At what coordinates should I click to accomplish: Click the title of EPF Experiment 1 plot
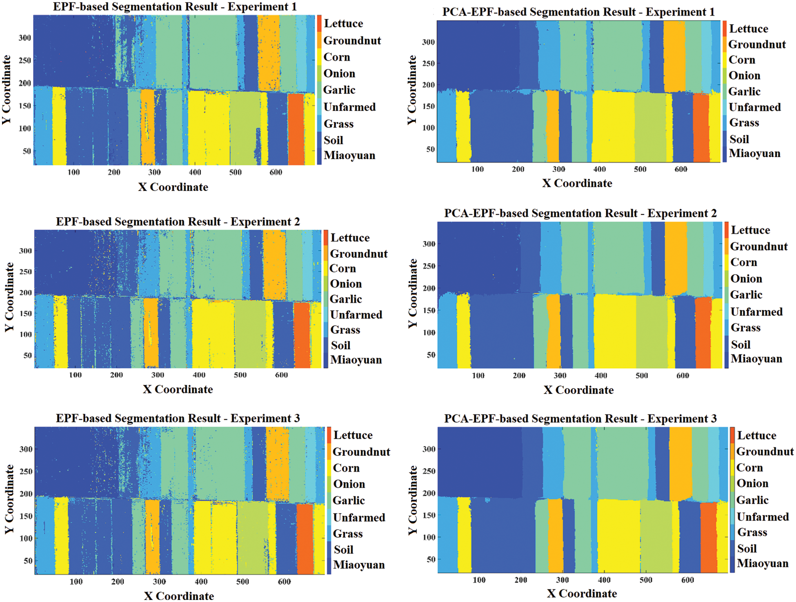pyautogui.click(x=174, y=7)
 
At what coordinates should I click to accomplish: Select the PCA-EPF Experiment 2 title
pyautogui.click(x=580, y=213)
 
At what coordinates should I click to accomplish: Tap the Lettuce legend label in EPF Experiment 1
pyautogui.click(x=343, y=24)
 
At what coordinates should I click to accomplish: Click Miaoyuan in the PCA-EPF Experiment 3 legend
pyautogui.click(x=762, y=564)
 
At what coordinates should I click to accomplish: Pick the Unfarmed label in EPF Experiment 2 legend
pyautogui.click(x=356, y=315)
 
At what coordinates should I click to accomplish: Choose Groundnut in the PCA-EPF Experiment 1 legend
pyautogui.click(x=757, y=44)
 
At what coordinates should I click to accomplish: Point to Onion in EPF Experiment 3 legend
pyautogui.click(x=349, y=484)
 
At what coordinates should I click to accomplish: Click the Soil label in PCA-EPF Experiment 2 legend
pyautogui.click(x=740, y=345)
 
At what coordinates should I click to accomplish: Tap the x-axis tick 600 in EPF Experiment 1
pyautogui.click(x=276, y=172)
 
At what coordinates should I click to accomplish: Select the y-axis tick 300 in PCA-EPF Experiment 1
pyautogui.click(x=428, y=42)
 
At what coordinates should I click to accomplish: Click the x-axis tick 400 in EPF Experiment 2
pyautogui.click(x=199, y=375)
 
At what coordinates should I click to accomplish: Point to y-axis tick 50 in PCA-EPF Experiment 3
pyautogui.click(x=431, y=560)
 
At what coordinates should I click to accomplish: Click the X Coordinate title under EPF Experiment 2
pyautogui.click(x=178, y=389)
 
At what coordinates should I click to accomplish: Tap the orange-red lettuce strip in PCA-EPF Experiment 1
pyautogui.click(x=701, y=127)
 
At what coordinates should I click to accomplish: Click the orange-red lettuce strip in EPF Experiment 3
pyautogui.click(x=305, y=539)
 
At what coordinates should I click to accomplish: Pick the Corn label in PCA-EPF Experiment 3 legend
pyautogui.click(x=749, y=468)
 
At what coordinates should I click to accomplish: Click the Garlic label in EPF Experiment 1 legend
pyautogui.click(x=339, y=90)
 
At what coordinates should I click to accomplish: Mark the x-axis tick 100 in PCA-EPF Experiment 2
pyautogui.click(x=478, y=375)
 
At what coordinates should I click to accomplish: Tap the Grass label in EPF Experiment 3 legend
pyautogui.click(x=348, y=534)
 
